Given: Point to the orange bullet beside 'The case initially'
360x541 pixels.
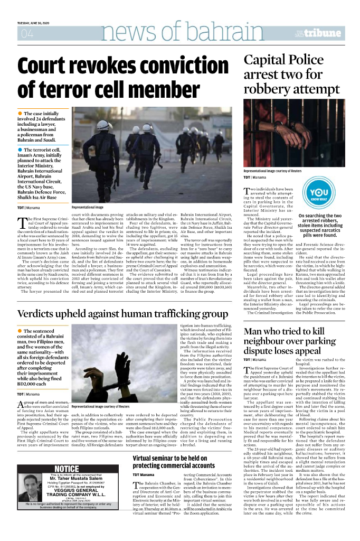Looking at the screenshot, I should click(x=20, y=114).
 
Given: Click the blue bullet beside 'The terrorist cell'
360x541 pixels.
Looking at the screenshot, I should click(x=20, y=150).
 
